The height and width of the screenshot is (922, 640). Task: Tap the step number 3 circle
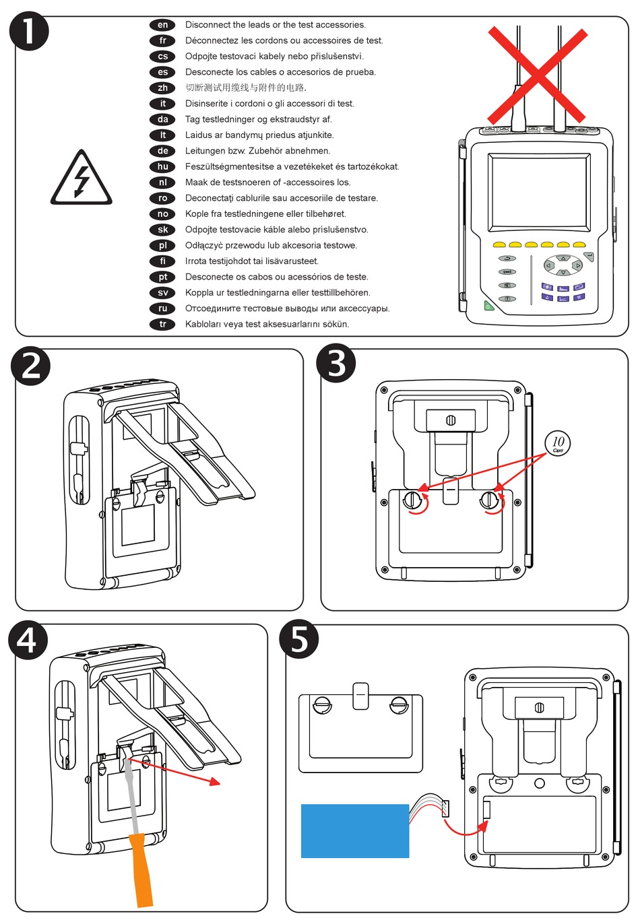pos(336,363)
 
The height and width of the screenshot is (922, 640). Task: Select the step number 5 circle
pos(300,639)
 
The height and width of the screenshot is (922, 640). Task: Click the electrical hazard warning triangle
pos(82,179)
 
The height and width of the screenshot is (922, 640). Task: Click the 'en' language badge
pos(162,25)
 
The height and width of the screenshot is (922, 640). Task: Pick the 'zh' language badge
pos(162,88)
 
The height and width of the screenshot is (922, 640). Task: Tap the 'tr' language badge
pos(162,324)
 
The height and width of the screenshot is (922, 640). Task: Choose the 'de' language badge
pos(162,151)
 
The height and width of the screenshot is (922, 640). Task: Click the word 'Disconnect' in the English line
pos(207,25)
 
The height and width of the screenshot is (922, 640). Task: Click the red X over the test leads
pos(537,74)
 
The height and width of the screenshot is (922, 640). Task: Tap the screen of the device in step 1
pos(538,191)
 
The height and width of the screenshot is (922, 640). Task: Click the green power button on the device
pos(488,306)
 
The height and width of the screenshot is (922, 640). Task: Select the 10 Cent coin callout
pos(558,443)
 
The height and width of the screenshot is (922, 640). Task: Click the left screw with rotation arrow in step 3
pos(412,500)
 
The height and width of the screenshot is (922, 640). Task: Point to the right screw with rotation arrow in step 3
pos(489,500)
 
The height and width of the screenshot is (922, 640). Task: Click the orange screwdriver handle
pos(143,869)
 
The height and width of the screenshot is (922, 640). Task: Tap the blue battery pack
pos(354,830)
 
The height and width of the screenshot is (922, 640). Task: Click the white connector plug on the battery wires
pos(445,807)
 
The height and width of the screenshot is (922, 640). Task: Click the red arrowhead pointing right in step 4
pos(215,782)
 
